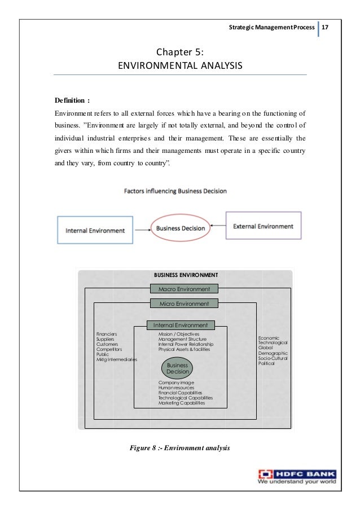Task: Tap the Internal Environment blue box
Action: point(95,230)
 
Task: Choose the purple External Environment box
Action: point(264,226)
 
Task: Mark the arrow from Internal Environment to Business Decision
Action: point(143,229)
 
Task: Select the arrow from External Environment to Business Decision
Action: point(218,227)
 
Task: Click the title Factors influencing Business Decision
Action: point(175,191)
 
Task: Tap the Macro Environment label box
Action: point(184,289)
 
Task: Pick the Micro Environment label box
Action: point(184,304)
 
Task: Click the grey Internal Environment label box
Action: point(180,325)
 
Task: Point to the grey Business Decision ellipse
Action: point(178,368)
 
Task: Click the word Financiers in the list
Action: point(107,335)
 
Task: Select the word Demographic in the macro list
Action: point(273,353)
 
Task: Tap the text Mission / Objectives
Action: point(179,335)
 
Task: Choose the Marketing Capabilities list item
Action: point(182,403)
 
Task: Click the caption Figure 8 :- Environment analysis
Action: point(180,448)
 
